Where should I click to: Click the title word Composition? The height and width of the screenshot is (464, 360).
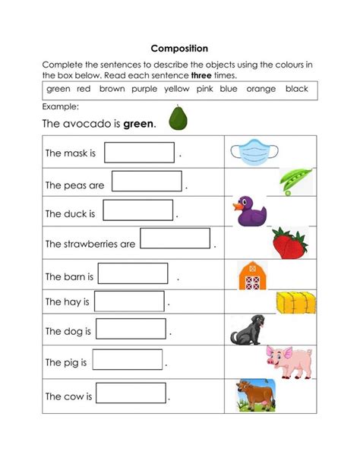coord(179,48)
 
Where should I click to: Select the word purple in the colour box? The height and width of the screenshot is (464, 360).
coord(144,89)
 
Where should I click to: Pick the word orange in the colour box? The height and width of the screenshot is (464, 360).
coord(261,89)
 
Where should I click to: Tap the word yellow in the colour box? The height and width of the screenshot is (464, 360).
coord(177,89)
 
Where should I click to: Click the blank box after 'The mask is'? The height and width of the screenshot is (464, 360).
coord(139,153)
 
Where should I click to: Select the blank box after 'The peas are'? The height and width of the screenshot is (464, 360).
coord(147,181)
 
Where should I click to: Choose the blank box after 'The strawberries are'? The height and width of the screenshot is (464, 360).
coord(175,239)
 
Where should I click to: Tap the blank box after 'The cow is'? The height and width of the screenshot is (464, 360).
coord(131,393)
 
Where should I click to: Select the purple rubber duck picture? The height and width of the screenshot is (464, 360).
coord(249,211)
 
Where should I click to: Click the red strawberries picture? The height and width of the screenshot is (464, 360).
coord(289,243)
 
